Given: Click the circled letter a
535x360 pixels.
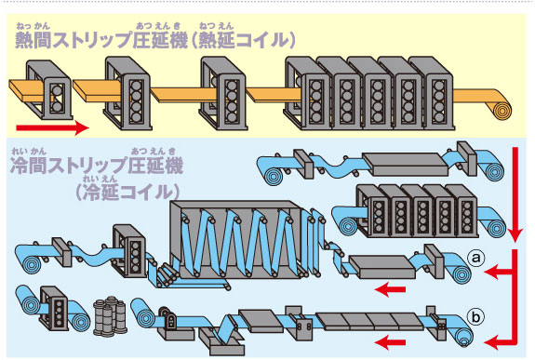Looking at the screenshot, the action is [476, 258].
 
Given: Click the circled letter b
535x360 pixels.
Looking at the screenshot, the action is [475, 317].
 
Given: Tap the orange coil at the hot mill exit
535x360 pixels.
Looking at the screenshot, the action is [502, 110].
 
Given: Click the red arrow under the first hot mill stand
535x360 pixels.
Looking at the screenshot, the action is [52, 128].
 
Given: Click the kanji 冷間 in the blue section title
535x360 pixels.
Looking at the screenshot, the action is [29, 166].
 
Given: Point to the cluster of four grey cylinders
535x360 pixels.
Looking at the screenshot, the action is [110, 315].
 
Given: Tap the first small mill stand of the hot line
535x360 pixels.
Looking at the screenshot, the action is [49, 89].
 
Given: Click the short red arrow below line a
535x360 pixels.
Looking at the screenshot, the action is [390, 289].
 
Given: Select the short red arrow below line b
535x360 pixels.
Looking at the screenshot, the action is [390, 342].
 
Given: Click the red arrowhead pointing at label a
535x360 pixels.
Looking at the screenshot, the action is [491, 272].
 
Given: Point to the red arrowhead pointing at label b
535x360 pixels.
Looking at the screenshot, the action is [491, 341].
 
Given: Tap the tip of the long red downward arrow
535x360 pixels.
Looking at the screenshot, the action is [515, 242].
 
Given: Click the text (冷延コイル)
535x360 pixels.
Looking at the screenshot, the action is [127, 193].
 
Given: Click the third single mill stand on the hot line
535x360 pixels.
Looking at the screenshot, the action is [223, 93].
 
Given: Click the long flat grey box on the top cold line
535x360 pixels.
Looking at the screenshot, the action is [405, 164].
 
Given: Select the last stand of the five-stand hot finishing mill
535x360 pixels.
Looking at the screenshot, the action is [432, 93].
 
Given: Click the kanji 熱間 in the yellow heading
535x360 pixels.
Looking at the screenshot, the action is [33, 41].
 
